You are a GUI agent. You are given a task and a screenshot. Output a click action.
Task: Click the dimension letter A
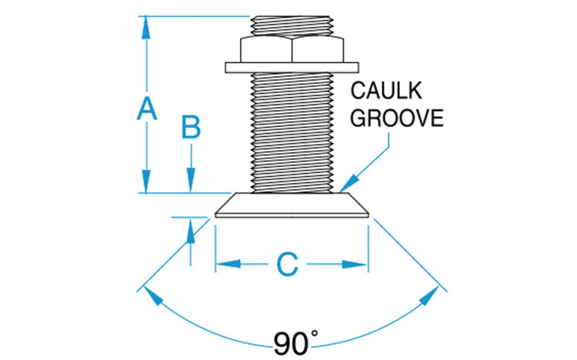point(146,108)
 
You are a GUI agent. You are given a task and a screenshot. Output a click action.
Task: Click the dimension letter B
point(191,128)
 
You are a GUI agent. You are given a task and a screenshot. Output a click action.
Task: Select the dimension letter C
point(287,264)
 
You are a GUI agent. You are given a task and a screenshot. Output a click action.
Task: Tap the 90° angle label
point(295,342)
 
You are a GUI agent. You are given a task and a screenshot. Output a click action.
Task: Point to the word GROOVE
point(397,118)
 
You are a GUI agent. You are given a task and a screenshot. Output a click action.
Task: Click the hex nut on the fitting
point(292,49)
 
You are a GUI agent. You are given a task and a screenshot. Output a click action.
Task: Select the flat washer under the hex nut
point(292,68)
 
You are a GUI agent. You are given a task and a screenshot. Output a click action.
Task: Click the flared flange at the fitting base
point(292,206)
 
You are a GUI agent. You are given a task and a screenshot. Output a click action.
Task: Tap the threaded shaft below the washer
point(292,131)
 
